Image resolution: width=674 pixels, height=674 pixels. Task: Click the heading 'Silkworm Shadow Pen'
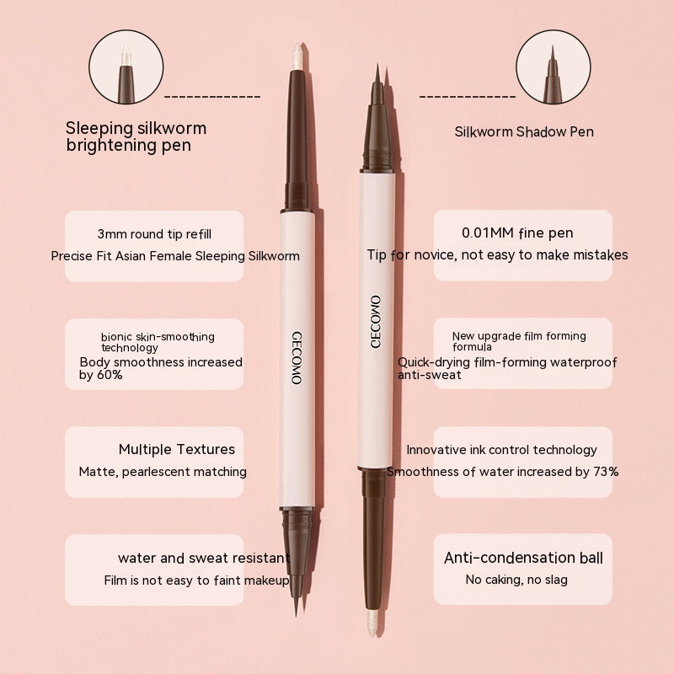[524, 131]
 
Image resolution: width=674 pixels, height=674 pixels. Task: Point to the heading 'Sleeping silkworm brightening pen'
[136, 136]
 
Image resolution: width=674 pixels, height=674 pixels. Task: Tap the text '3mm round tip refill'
[154, 233]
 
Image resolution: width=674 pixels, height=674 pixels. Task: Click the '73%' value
[604, 471]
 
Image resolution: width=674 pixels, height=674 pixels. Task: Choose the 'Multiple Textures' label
[177, 449]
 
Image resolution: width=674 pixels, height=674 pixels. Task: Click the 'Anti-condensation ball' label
[523, 558]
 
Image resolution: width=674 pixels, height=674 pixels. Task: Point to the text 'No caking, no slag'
[516, 580]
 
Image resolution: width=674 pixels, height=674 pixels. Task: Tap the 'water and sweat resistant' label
[204, 558]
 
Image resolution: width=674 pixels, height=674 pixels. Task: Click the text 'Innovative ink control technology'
[501, 450]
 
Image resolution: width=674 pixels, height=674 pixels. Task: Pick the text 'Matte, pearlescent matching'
[163, 472]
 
